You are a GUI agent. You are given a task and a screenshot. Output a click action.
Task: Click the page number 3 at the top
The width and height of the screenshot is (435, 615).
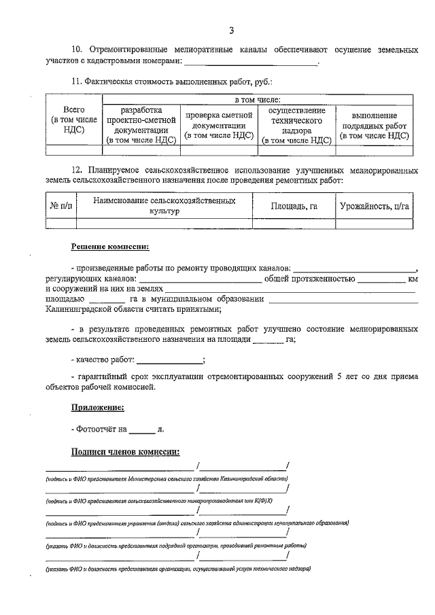point(231,31)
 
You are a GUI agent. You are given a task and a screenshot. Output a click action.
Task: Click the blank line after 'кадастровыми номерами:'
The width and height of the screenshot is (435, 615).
point(251,63)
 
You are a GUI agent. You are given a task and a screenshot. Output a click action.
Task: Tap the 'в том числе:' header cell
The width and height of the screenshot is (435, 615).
point(256,100)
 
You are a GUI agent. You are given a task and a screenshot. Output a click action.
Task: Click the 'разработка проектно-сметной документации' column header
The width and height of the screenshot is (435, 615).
point(141,125)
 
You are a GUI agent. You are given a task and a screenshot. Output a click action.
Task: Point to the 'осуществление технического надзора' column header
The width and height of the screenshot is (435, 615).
point(296,125)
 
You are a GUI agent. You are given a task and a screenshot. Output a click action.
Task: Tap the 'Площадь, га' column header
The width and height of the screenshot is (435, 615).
point(294,205)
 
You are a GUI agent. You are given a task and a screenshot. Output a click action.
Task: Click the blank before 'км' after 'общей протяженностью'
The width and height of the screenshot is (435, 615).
point(382,281)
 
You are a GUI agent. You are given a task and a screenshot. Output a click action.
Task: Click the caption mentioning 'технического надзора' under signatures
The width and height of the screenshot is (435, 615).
point(178,568)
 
